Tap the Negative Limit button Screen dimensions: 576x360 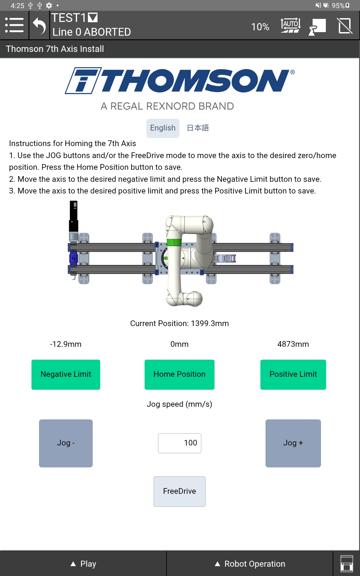[66, 374]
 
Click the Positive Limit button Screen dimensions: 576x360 [293, 374]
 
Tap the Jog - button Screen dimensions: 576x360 [66, 443]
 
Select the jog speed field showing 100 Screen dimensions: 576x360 [179, 443]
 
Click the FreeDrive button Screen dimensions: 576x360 [179, 491]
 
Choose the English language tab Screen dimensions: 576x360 [163, 128]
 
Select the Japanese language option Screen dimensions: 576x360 [198, 128]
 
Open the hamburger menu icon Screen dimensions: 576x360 [14, 25]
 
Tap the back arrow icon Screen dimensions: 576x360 [39, 26]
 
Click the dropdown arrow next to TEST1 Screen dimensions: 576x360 [93, 18]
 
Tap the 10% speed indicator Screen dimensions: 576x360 [260, 27]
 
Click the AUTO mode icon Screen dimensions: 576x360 [290, 25]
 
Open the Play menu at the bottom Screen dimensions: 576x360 [83, 564]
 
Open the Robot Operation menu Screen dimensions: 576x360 [250, 564]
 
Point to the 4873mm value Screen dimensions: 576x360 [293, 344]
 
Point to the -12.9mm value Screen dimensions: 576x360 [66, 344]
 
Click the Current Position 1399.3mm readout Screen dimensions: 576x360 [179, 323]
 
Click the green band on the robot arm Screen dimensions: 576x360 [174, 242]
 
